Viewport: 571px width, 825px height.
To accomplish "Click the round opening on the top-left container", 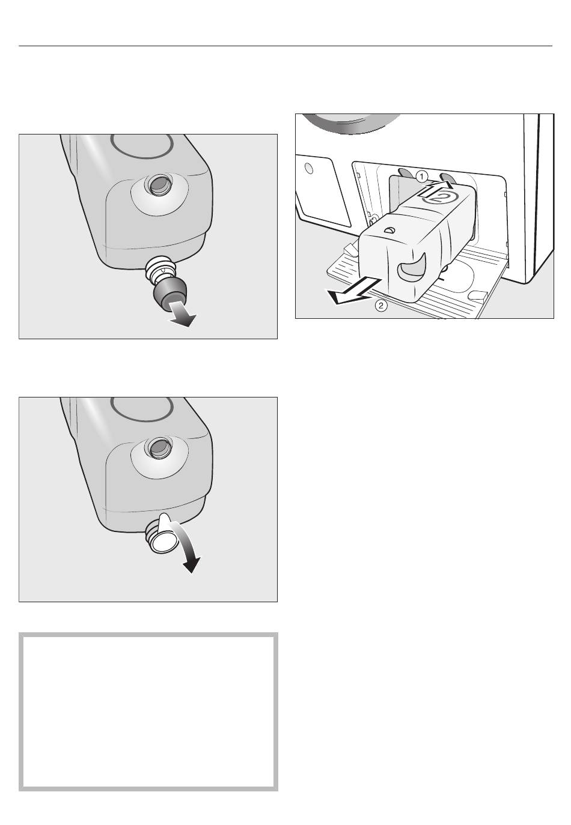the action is (x=159, y=184).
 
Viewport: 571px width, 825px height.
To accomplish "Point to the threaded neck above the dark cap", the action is (x=160, y=269).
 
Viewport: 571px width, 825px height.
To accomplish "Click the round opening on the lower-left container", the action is (x=159, y=447).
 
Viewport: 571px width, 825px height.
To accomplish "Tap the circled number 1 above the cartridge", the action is (x=421, y=177).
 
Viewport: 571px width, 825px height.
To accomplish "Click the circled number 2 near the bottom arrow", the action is (x=381, y=306).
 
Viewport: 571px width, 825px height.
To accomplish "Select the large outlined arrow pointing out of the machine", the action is (x=349, y=290).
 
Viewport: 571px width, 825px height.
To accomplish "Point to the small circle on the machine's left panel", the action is (x=310, y=168).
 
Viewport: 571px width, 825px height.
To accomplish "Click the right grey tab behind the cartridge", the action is (x=447, y=176).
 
